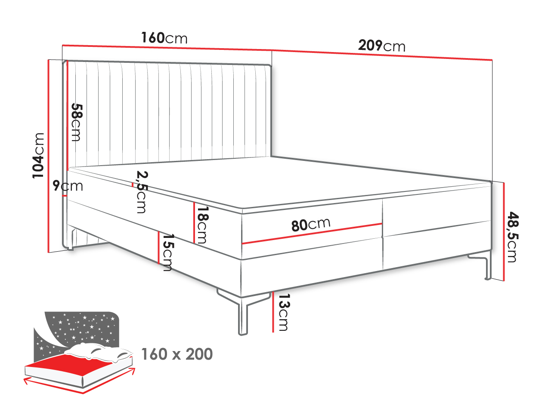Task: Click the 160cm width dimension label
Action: (x=164, y=38)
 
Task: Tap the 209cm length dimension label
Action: (x=381, y=46)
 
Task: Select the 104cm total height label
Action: (x=38, y=156)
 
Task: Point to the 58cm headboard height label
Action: (x=76, y=122)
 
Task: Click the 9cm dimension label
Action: (x=68, y=186)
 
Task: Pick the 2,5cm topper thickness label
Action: (x=142, y=192)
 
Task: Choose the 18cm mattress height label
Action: (x=203, y=225)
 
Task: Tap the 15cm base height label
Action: (x=168, y=252)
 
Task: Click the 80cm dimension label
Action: (x=311, y=224)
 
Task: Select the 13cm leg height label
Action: (x=284, y=312)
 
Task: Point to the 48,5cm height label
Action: (x=512, y=237)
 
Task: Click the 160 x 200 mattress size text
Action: (x=177, y=354)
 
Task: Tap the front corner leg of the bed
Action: (x=242, y=315)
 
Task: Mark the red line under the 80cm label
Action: (x=312, y=233)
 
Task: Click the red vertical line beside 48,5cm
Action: (x=504, y=232)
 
